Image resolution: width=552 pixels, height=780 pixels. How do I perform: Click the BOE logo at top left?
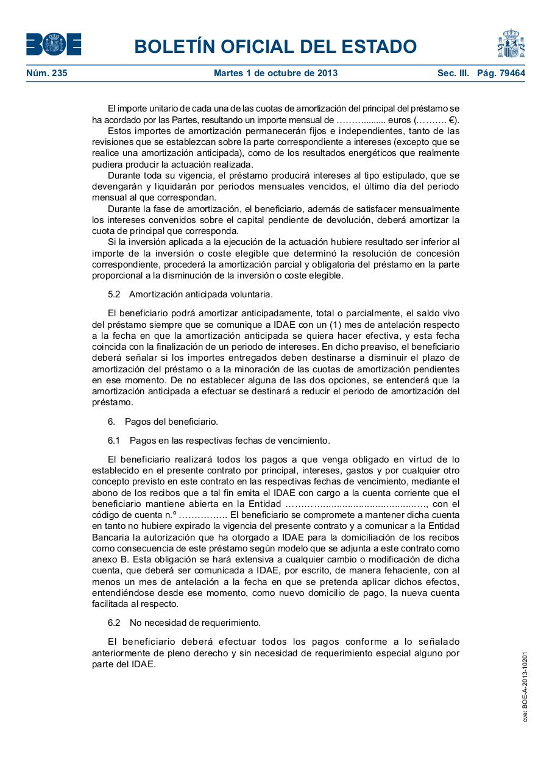pos(54,44)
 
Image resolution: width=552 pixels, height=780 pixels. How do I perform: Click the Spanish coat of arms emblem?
pos(511,44)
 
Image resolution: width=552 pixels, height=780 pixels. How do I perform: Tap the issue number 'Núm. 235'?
pos(46,73)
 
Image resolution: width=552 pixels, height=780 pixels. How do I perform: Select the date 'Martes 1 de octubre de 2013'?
pos(275,73)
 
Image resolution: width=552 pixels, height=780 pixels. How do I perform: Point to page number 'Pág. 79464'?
pos(501,73)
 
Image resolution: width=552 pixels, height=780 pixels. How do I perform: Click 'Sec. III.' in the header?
pos(453,73)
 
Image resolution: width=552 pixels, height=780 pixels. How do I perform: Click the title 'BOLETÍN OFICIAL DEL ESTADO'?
pos(275,46)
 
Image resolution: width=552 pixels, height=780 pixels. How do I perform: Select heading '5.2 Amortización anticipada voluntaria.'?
pos(190,294)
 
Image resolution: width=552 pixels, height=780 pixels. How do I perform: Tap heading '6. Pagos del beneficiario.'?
pos(163,422)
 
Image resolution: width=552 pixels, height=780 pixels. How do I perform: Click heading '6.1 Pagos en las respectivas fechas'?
pos(219,441)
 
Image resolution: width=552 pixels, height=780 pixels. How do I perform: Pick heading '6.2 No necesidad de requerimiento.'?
pos(184,623)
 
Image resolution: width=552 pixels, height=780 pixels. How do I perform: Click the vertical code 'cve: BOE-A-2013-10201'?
pos(525,687)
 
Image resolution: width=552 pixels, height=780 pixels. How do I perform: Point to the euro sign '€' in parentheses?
pos(451,120)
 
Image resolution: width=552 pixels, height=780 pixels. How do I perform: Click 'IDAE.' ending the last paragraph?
pos(144,665)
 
